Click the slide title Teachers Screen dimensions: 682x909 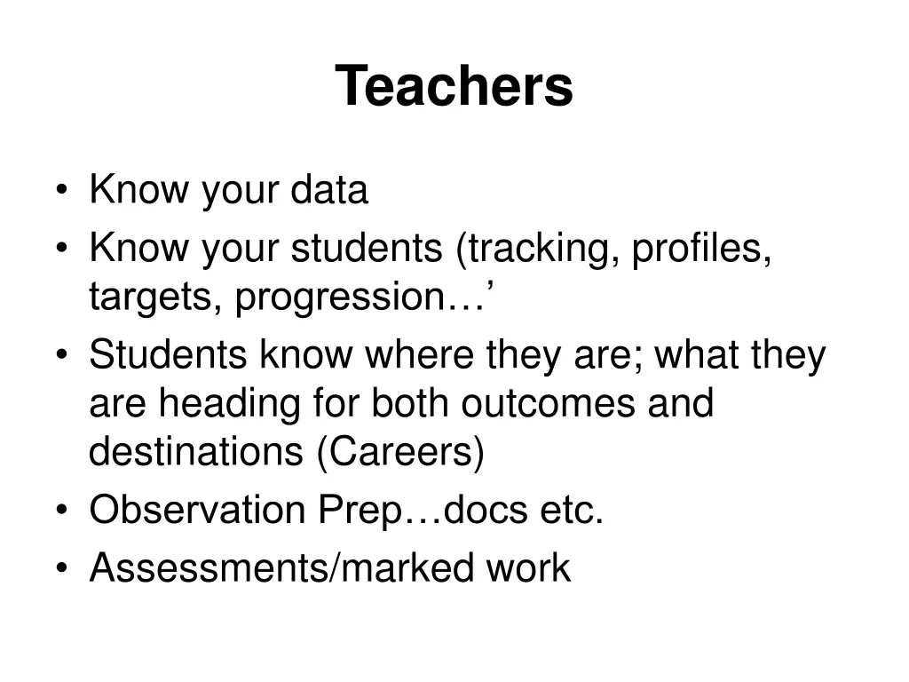[454, 86]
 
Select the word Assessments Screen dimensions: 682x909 [209, 568]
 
